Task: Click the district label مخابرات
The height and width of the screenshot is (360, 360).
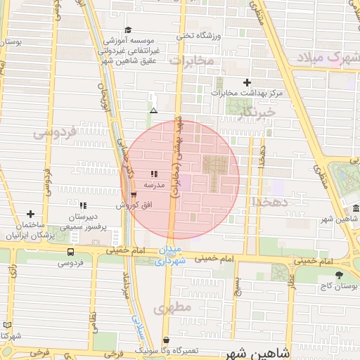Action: point(192,60)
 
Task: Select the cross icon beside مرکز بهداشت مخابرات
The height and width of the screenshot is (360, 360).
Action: point(247,83)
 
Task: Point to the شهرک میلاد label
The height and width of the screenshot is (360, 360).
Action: point(333,57)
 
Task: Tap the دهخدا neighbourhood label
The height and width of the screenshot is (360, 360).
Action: point(267,202)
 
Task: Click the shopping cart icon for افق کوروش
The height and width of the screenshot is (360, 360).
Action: point(134,195)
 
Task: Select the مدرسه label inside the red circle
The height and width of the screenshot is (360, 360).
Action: point(154,185)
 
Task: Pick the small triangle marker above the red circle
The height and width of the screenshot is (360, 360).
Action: point(154,110)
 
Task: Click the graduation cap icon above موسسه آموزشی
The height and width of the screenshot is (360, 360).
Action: point(127,30)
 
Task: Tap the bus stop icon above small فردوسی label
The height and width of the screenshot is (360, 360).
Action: point(70,252)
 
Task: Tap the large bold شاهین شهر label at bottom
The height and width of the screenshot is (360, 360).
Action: point(263,352)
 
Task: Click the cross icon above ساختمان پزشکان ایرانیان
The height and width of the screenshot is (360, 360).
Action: point(30,214)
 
